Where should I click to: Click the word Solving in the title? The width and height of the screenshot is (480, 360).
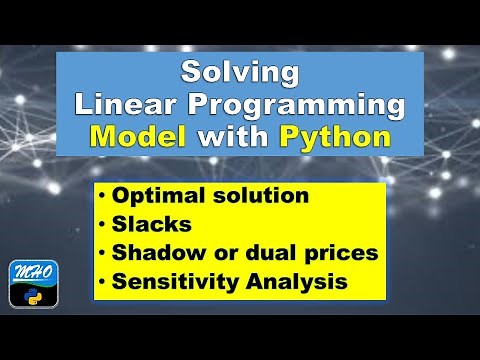(x=240, y=73)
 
